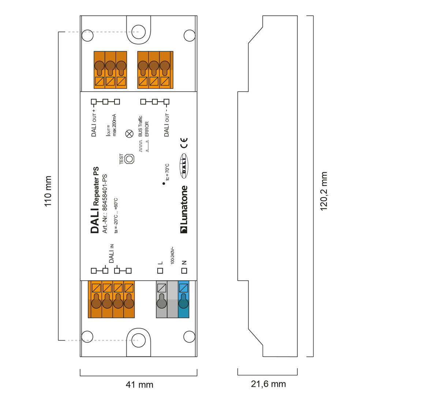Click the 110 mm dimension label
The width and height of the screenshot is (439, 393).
click(48, 191)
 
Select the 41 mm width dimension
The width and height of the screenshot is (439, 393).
click(139, 385)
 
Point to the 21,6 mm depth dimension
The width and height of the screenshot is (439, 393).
click(268, 384)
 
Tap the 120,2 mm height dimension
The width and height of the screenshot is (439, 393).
click(324, 191)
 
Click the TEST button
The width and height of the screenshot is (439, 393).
click(129, 159)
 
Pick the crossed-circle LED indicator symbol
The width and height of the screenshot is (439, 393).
click(129, 134)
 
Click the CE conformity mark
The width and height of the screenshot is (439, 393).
click(184, 143)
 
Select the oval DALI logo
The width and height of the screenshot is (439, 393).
click(184, 166)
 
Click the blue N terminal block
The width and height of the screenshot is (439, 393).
click(183, 299)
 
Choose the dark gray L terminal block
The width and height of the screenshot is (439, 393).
click(161, 299)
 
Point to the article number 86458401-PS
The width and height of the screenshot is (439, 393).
click(105, 203)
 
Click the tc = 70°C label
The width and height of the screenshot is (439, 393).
click(167, 172)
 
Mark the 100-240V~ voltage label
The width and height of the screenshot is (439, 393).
click(172, 255)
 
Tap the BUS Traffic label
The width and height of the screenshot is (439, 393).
click(140, 127)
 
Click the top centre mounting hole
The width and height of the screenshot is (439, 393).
click(138, 30)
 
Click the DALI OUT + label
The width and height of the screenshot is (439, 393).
click(94, 123)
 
